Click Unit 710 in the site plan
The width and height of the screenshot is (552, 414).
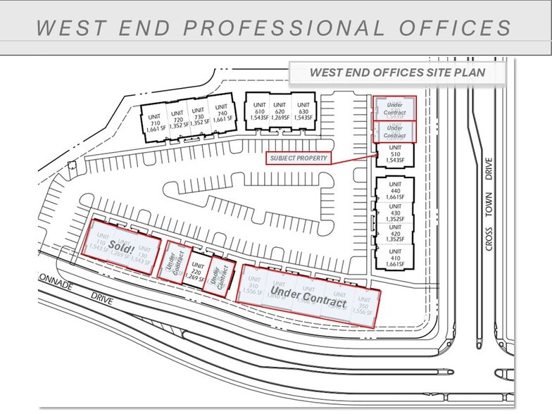[x=154, y=123]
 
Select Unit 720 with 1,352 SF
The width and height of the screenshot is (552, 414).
[x=177, y=120]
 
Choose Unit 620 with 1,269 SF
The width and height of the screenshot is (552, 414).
[x=280, y=111]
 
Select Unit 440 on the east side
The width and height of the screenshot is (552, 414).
[x=394, y=194]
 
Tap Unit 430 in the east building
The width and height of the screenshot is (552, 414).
[x=394, y=213]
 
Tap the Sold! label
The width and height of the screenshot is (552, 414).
[x=121, y=246]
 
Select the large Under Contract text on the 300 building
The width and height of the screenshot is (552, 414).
[x=308, y=296]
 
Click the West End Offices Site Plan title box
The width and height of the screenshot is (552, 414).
[x=398, y=73]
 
